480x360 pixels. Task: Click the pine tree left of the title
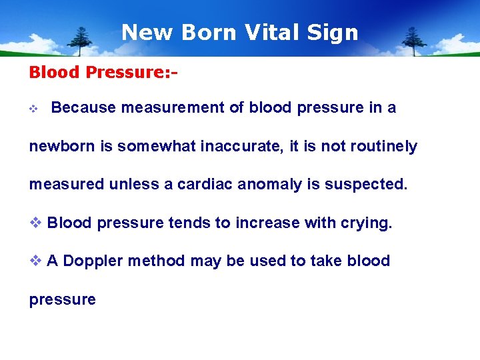[x=82, y=41]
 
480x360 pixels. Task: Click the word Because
[x=83, y=108]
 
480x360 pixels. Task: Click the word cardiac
[x=205, y=185]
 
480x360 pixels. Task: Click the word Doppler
[x=93, y=261]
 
